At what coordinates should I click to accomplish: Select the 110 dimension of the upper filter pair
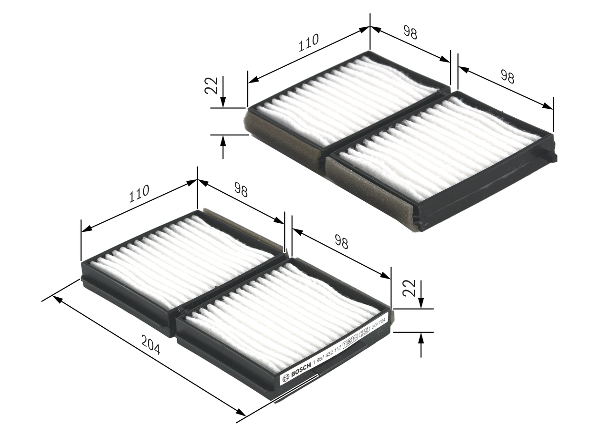(308, 42)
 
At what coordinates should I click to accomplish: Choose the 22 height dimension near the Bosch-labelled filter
(409, 288)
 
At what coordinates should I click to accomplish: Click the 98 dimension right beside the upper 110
(410, 33)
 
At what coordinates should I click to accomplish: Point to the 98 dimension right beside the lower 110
(241, 191)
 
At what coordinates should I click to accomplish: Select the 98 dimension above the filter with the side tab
(507, 76)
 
